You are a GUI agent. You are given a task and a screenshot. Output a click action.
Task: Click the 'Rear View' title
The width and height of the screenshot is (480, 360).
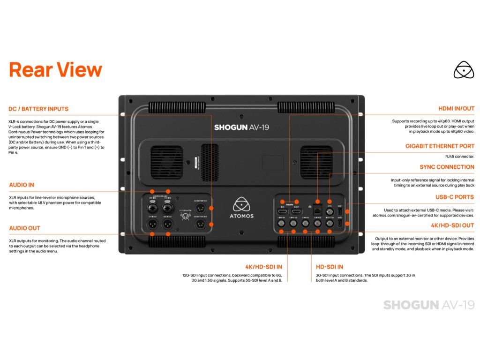click(x=55, y=69)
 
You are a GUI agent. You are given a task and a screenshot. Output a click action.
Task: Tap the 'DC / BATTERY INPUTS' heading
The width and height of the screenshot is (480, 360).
click(x=38, y=109)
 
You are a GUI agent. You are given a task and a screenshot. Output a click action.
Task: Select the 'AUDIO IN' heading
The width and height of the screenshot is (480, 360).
click(x=22, y=185)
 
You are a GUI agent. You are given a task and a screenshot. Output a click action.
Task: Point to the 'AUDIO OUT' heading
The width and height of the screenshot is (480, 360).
click(x=24, y=228)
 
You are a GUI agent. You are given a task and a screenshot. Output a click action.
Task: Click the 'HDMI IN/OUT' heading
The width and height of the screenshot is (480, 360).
click(x=456, y=109)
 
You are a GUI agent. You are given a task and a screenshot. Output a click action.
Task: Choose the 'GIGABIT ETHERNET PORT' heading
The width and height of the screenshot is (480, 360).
click(x=440, y=146)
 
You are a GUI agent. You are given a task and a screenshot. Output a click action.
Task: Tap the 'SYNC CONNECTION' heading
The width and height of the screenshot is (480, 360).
click(x=447, y=167)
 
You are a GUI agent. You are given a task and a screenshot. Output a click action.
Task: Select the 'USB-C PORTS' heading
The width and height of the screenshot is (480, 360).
click(x=455, y=197)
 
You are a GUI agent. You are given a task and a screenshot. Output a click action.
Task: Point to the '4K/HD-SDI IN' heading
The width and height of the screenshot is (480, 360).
click(x=264, y=267)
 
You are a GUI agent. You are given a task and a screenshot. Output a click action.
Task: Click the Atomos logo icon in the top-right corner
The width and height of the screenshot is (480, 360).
click(x=464, y=69)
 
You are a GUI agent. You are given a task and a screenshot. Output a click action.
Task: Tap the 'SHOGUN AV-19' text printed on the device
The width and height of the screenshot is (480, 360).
click(x=241, y=127)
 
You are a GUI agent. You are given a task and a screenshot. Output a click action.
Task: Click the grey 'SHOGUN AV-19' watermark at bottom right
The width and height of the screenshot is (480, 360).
click(x=428, y=305)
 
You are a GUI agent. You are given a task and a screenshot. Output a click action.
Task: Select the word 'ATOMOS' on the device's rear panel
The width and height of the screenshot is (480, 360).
click(x=242, y=216)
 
